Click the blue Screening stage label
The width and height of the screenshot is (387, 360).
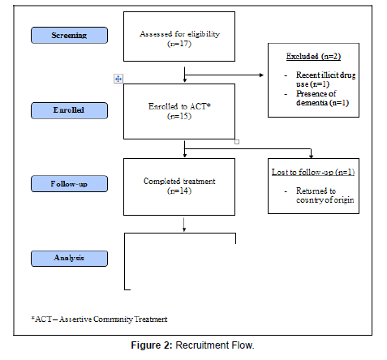(x=69, y=35)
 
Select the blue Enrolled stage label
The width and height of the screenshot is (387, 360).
(x=69, y=110)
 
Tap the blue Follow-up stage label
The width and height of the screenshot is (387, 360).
(x=69, y=184)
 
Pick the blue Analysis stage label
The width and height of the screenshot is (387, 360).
(x=69, y=259)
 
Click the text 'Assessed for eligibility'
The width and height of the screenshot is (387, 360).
(x=179, y=34)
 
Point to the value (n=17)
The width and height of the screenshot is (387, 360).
(x=179, y=44)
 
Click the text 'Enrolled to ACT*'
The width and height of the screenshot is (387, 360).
(x=179, y=106)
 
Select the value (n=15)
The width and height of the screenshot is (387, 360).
(x=179, y=116)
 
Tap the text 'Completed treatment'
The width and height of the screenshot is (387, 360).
(x=179, y=181)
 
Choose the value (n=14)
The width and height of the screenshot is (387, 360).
(x=179, y=191)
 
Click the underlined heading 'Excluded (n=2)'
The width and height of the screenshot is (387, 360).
(x=313, y=56)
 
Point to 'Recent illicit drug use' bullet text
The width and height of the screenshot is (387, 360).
(x=325, y=79)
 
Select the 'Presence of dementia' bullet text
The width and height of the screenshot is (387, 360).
(x=322, y=98)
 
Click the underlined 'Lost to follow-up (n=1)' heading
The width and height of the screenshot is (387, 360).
(x=313, y=172)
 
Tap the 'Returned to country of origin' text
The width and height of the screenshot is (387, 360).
(x=325, y=195)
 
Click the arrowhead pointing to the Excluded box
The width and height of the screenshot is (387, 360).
(x=262, y=75)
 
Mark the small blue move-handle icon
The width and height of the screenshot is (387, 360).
(x=118, y=79)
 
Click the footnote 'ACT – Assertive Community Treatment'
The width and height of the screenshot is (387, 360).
(x=99, y=319)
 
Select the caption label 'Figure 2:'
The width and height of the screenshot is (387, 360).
(x=152, y=345)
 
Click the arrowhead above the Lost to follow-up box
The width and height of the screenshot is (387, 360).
(x=312, y=156)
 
